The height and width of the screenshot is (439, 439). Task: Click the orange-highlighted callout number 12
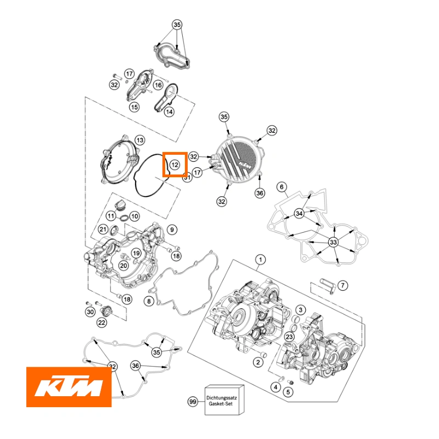click(x=175, y=165)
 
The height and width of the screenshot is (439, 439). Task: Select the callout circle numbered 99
click(x=192, y=402)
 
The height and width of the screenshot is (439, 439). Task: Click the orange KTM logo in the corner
click(x=69, y=387)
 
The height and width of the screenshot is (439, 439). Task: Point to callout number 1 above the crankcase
click(x=261, y=258)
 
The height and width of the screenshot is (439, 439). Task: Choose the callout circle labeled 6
click(x=282, y=187)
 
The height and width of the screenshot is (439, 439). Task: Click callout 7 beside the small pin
click(x=342, y=285)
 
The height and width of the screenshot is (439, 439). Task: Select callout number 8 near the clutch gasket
click(x=148, y=301)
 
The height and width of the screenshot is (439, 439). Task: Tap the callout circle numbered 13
click(x=171, y=229)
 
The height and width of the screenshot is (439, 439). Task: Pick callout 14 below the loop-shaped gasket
click(x=169, y=112)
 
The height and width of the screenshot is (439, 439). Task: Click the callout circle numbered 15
click(x=134, y=107)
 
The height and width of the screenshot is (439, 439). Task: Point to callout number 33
click(x=333, y=242)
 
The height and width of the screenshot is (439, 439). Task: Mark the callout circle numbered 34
click(x=299, y=213)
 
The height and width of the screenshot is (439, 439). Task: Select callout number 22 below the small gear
click(x=102, y=323)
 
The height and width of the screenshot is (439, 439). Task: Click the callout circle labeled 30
click(x=90, y=312)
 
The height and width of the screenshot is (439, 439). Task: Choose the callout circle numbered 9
click(x=171, y=229)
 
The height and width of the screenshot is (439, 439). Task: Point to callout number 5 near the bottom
click(x=288, y=392)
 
